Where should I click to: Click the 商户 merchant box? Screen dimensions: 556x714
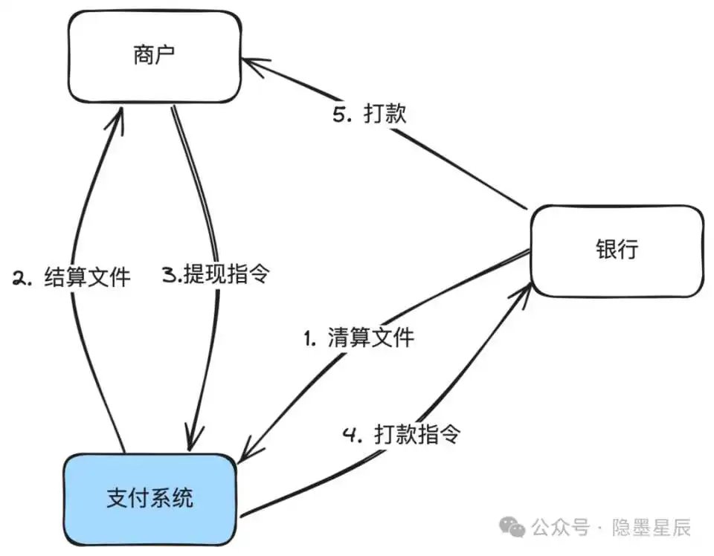(x=155, y=56)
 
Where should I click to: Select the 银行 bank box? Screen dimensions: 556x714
(x=617, y=250)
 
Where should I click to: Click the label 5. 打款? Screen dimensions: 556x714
(x=369, y=115)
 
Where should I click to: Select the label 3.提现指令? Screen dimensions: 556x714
(x=215, y=274)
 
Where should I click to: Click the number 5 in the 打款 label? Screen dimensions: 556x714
(x=339, y=116)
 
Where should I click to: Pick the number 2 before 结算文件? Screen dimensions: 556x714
(x=20, y=278)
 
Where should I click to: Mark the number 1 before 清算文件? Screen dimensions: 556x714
(x=309, y=339)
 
